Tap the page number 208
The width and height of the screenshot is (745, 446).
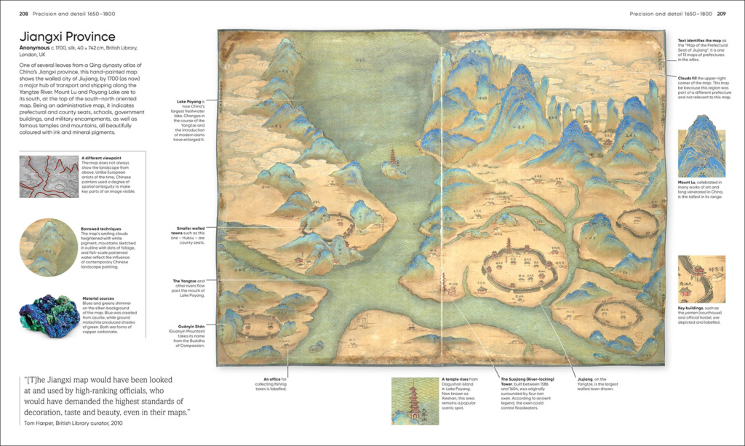coord(23,14)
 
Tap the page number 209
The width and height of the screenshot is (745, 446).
coord(721,14)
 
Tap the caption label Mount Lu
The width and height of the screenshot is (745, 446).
coord(690,183)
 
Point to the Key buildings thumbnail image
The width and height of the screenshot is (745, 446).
coord(701,279)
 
